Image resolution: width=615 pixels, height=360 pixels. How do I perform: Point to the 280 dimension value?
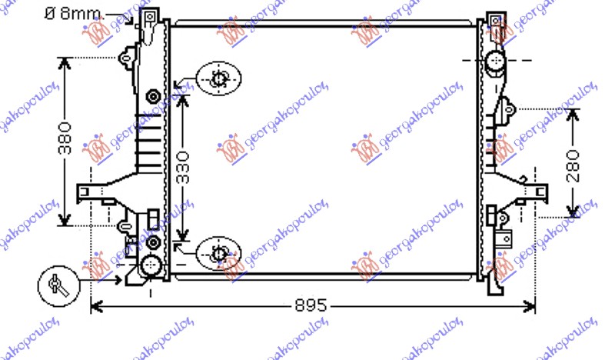click(x=572, y=163)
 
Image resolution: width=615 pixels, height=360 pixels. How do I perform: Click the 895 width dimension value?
click(x=311, y=306)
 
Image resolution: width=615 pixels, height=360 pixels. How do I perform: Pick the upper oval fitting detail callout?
click(x=218, y=78)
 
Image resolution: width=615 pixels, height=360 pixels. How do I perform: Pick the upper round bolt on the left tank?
click(x=153, y=96)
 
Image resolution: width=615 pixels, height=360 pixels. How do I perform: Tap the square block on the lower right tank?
click(x=504, y=238)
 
